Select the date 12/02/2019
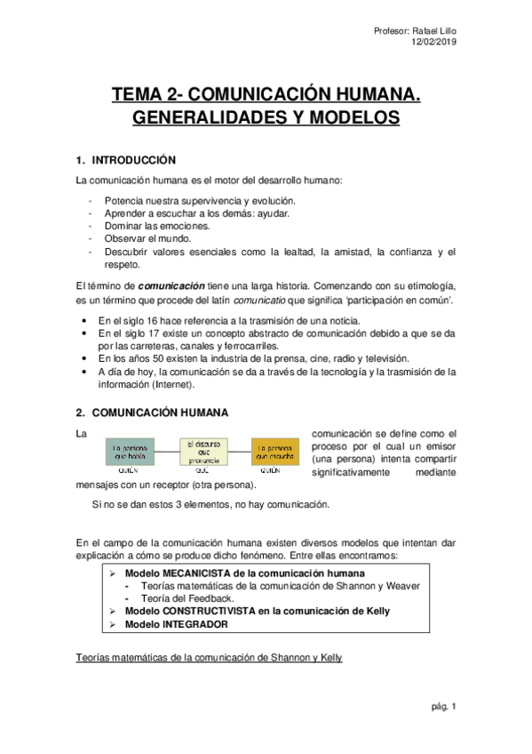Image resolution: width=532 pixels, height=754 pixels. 434,42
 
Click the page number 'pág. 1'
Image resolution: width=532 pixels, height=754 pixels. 441,707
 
